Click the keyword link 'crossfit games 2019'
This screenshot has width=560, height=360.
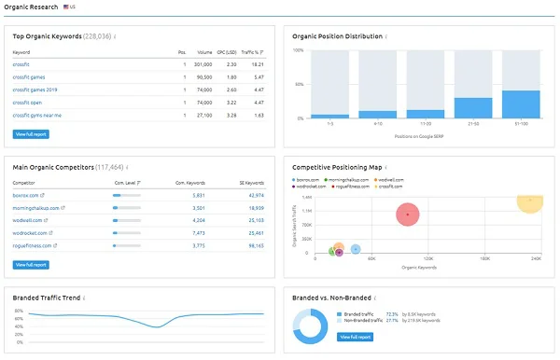[35, 90]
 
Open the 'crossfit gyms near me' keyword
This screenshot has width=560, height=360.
[36, 115]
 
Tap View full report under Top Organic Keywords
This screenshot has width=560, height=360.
[32, 134]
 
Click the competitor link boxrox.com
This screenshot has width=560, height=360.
[27, 195]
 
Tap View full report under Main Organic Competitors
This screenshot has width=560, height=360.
[32, 265]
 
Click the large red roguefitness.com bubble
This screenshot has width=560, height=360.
[408, 215]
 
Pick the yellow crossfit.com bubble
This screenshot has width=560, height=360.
[529, 200]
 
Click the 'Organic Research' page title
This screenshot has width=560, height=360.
[30, 7]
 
